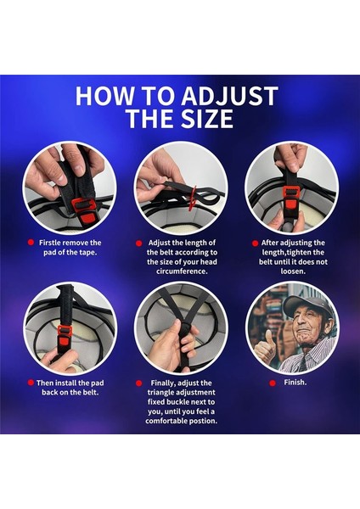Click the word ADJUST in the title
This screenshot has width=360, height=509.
(229, 96)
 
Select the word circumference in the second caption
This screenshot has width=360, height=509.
(182, 271)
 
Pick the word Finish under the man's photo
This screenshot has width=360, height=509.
(295, 383)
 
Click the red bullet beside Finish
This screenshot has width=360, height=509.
(273, 383)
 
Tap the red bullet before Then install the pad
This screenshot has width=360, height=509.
(31, 383)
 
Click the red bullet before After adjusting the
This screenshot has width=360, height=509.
(255, 243)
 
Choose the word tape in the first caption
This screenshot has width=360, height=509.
(87, 253)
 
